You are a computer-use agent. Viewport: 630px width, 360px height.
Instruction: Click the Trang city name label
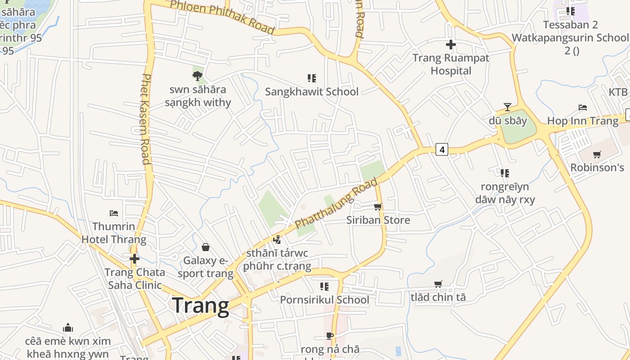(201, 306)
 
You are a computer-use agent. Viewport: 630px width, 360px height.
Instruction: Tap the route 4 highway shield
(442, 149)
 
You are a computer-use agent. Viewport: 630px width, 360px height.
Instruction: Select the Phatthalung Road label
(336, 204)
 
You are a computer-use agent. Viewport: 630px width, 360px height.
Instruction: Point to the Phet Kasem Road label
(145, 119)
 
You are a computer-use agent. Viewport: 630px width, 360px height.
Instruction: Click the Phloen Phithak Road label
(222, 17)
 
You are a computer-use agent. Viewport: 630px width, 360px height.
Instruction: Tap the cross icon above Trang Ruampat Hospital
(450, 45)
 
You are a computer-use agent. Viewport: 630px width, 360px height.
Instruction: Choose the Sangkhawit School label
(312, 92)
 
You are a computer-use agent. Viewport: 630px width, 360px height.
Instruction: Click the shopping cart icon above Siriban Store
(378, 207)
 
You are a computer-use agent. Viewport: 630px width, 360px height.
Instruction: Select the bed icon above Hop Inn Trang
(583, 108)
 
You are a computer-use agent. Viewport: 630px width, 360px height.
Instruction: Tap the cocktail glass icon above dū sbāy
(508, 107)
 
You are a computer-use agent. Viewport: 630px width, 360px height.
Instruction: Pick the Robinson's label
(597, 167)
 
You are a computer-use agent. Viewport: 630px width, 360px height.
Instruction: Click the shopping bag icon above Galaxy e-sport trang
(206, 247)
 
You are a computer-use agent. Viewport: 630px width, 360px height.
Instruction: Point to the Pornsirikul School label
(324, 300)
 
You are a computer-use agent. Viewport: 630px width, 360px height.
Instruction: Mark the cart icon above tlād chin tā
(438, 284)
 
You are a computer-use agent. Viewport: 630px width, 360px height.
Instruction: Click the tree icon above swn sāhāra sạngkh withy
(197, 76)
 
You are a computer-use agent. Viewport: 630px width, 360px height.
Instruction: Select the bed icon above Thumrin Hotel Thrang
(114, 213)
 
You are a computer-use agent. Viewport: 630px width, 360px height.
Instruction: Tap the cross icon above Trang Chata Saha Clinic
(134, 259)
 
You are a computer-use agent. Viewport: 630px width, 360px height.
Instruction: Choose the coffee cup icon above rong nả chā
(330, 336)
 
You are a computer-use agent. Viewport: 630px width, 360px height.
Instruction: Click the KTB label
(618, 92)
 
